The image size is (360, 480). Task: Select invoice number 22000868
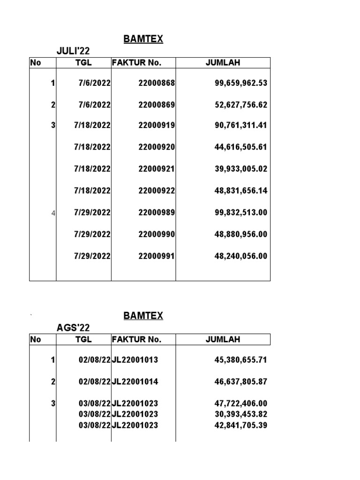(x=157, y=83)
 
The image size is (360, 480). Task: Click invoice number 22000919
(x=157, y=125)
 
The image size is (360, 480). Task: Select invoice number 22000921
(x=157, y=169)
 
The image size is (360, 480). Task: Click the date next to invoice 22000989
(x=92, y=212)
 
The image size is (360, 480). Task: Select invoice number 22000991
(x=157, y=256)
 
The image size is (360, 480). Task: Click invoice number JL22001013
(x=135, y=360)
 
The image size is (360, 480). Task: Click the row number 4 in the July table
(x=53, y=213)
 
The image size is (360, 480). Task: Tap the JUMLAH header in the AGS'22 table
(x=223, y=339)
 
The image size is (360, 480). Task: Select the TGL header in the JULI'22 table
(x=83, y=63)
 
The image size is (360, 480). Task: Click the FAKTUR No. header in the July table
(x=136, y=63)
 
